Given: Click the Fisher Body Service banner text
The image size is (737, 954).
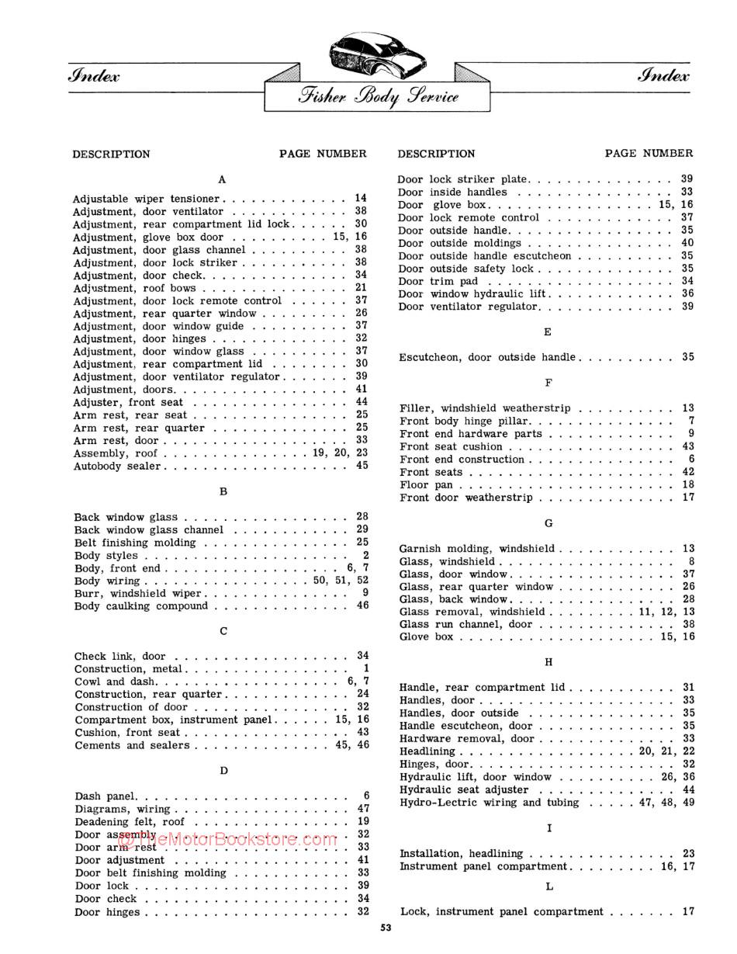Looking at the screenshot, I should click(378, 97).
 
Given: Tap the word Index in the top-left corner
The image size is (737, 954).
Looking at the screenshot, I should click(95, 75).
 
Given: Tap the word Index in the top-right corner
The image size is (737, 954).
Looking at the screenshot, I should click(663, 75).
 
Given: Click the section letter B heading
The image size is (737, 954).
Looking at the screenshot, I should click(223, 491).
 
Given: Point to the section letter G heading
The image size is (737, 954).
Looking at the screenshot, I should click(548, 523).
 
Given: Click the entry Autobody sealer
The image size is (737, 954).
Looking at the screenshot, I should click(117, 466).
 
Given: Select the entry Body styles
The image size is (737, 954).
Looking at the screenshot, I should click(106, 556).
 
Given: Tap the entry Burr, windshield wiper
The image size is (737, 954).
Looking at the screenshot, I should click(137, 594).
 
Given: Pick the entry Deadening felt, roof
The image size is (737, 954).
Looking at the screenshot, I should click(130, 821).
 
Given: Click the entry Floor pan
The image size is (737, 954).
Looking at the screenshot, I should click(426, 485).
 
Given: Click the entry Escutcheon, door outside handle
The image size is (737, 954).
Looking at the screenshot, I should click(486, 357).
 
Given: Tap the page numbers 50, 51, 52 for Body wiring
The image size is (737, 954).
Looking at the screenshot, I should click(341, 581).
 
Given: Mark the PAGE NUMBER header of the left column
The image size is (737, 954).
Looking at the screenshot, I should click(323, 154).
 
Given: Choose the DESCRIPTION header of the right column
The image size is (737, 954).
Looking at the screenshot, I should click(436, 154).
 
